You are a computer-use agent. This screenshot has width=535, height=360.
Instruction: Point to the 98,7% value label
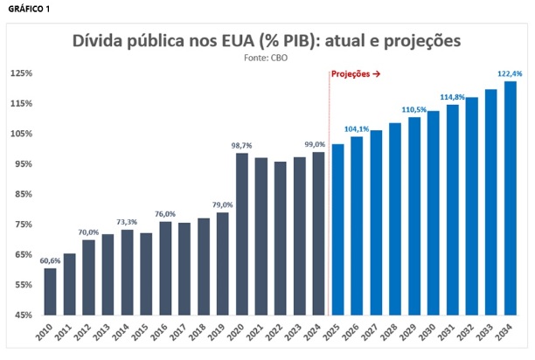(x=241, y=145)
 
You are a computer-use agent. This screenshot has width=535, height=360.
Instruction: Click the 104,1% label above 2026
(x=356, y=128)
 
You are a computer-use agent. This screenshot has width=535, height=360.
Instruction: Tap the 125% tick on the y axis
(x=21, y=73)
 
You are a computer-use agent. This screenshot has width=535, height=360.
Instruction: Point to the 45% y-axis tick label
(x=22, y=315)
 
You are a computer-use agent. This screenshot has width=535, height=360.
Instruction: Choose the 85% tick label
(x=22, y=194)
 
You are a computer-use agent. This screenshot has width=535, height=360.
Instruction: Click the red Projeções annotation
(x=356, y=75)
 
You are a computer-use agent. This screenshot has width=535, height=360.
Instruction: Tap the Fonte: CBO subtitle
(x=267, y=58)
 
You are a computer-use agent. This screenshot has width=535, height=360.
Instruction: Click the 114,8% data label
(x=452, y=96)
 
